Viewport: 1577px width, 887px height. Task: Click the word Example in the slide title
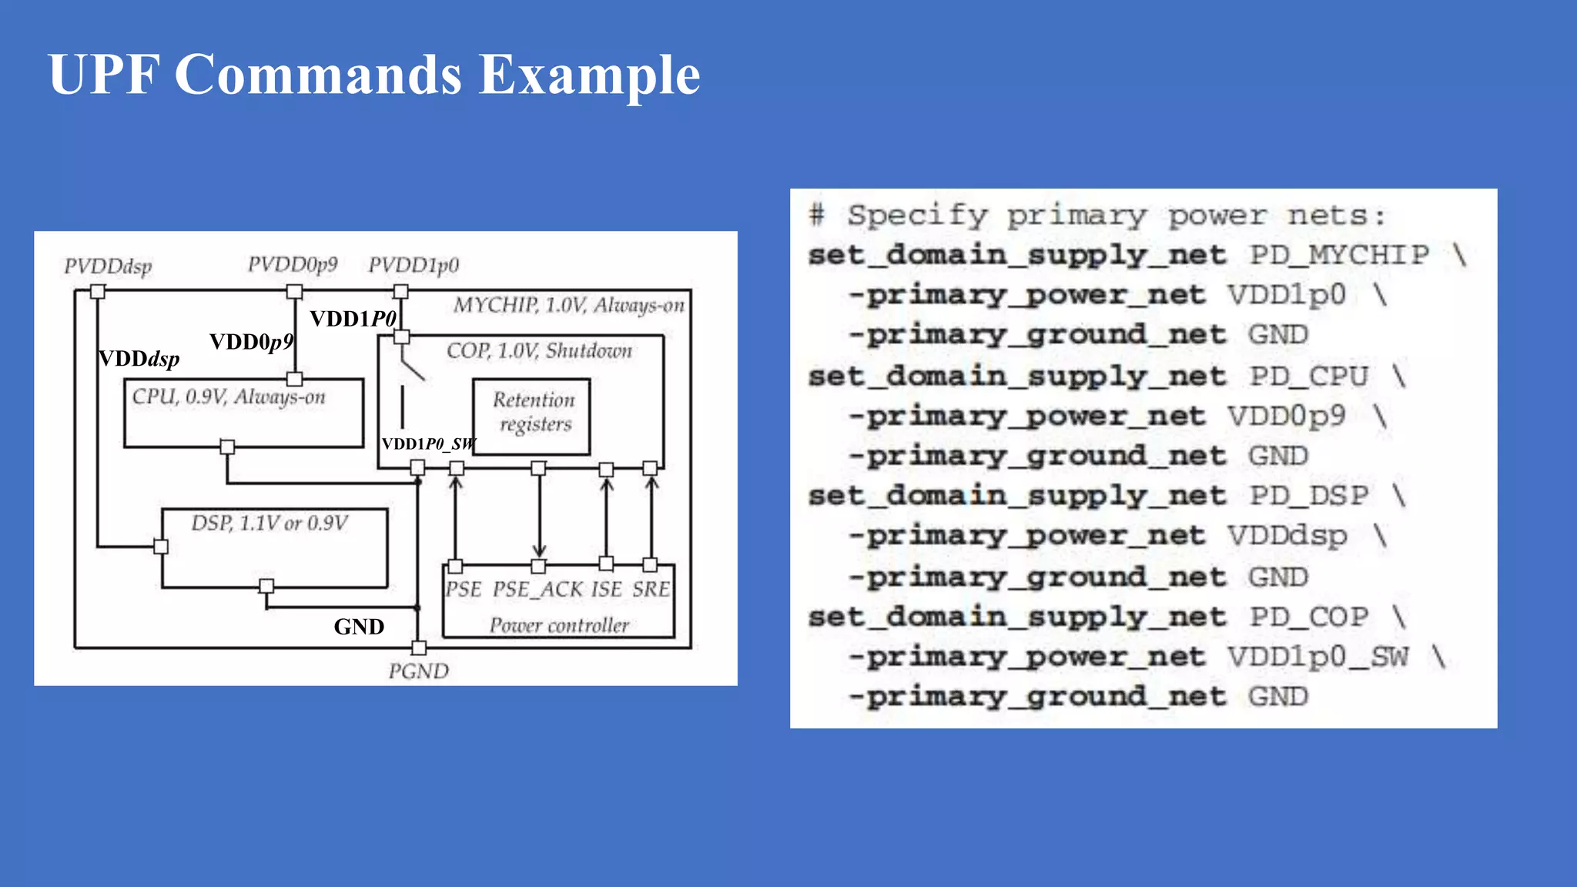pyautogui.click(x=589, y=75)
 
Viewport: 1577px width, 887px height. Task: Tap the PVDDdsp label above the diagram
pyautogui.click(x=108, y=266)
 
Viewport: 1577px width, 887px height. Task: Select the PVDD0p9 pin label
pyautogui.click(x=293, y=265)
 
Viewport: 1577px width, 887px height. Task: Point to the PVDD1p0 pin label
pyautogui.click(x=414, y=266)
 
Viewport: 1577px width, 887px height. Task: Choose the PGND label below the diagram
pyautogui.click(x=418, y=671)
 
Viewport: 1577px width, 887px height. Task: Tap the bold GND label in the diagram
pyautogui.click(x=359, y=627)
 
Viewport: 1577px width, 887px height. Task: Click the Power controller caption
pyautogui.click(x=559, y=625)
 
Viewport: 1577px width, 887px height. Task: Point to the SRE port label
pyautogui.click(x=651, y=590)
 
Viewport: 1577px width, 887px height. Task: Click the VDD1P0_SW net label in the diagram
pyautogui.click(x=429, y=444)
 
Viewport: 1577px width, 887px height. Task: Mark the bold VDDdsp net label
pyautogui.click(x=139, y=359)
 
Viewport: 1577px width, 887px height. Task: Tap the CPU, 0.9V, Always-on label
pyautogui.click(x=229, y=397)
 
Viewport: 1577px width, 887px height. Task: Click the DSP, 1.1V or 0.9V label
pyautogui.click(x=270, y=524)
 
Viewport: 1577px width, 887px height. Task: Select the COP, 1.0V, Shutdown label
pyautogui.click(x=539, y=351)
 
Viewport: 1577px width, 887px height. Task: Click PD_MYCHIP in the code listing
pyautogui.click(x=1339, y=255)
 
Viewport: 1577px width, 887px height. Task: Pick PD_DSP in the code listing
pyautogui.click(x=1309, y=496)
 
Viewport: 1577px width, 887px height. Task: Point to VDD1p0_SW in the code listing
pyautogui.click(x=1318, y=657)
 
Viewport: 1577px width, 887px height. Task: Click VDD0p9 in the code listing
pyautogui.click(x=1287, y=416)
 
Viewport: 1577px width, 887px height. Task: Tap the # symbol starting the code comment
pyautogui.click(x=817, y=215)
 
